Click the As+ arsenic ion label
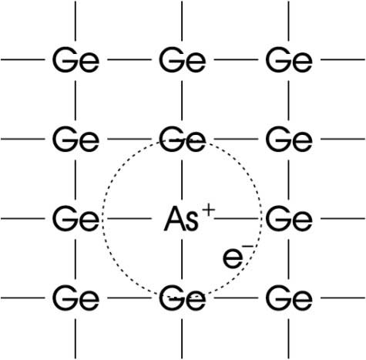tap(190, 217)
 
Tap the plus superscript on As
tap(209, 211)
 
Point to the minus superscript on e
tap(247, 247)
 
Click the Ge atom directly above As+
tap(183, 139)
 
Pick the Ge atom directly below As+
tap(183, 298)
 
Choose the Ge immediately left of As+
tap(76, 218)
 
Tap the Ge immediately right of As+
tap(289, 218)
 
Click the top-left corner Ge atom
tap(76, 59)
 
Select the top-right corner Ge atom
tap(289, 59)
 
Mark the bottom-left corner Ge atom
tap(76, 298)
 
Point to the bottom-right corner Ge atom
tap(289, 298)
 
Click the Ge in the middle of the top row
tap(183, 59)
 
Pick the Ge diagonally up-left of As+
tap(76, 139)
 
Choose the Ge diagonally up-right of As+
tap(289, 139)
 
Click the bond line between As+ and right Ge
tap(236, 219)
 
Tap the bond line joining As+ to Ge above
tap(182, 180)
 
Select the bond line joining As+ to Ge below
tap(182, 258)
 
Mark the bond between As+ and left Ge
tap(129, 219)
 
